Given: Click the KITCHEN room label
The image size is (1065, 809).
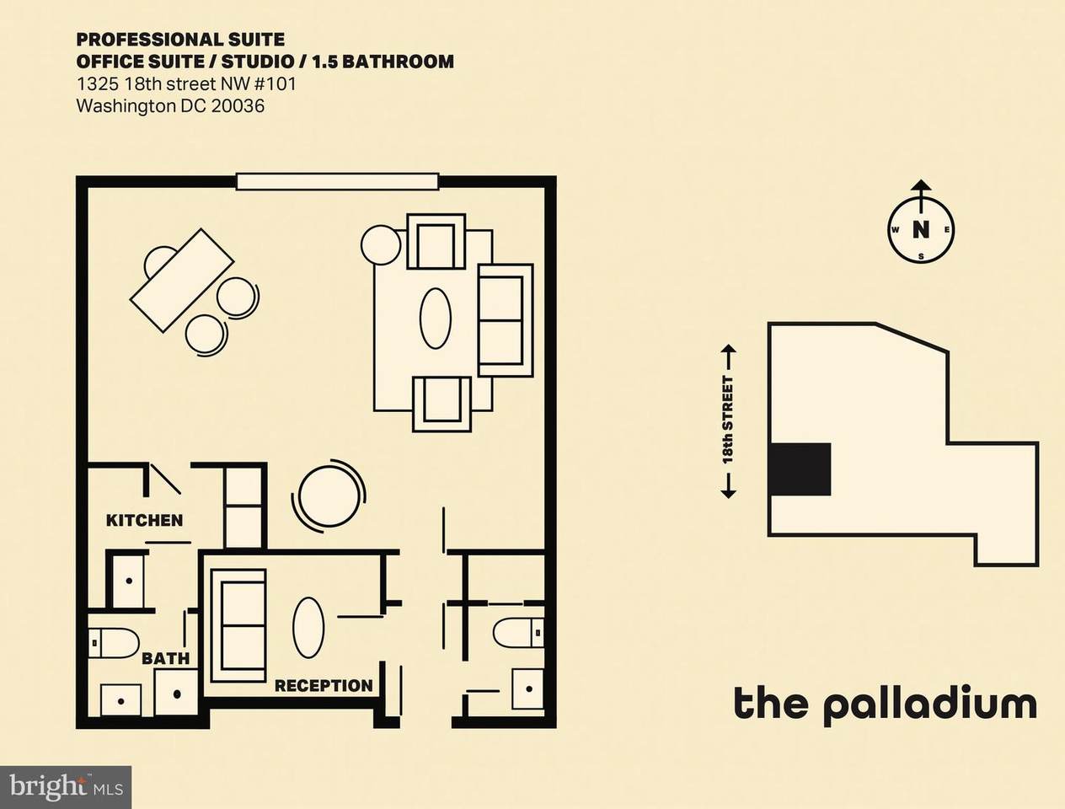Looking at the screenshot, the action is point(145,521).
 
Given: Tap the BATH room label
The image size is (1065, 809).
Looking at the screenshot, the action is point(165,658).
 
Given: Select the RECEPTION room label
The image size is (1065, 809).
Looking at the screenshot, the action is point(324,686).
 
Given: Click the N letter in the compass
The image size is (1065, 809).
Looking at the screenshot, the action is point(920,229).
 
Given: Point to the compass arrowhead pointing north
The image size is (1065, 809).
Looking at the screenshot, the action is point(920,185).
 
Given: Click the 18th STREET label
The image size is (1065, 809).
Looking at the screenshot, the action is point(728,420).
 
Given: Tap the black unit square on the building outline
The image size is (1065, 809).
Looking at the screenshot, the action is point(800,469).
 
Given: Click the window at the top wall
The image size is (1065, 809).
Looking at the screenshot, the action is point(337,181).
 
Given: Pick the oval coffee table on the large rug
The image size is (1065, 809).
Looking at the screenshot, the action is point(436,319).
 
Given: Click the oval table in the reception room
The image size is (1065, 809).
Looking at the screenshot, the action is point(308,627).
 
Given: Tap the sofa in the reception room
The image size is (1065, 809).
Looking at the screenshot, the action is point(238,626).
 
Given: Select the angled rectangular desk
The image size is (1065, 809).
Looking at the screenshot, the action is point(182,281).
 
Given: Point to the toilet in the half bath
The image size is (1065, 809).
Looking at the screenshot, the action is point(518,632).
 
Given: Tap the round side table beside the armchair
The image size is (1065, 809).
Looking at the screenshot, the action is point(381,245).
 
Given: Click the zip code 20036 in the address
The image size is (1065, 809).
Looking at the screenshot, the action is point(237,106).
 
